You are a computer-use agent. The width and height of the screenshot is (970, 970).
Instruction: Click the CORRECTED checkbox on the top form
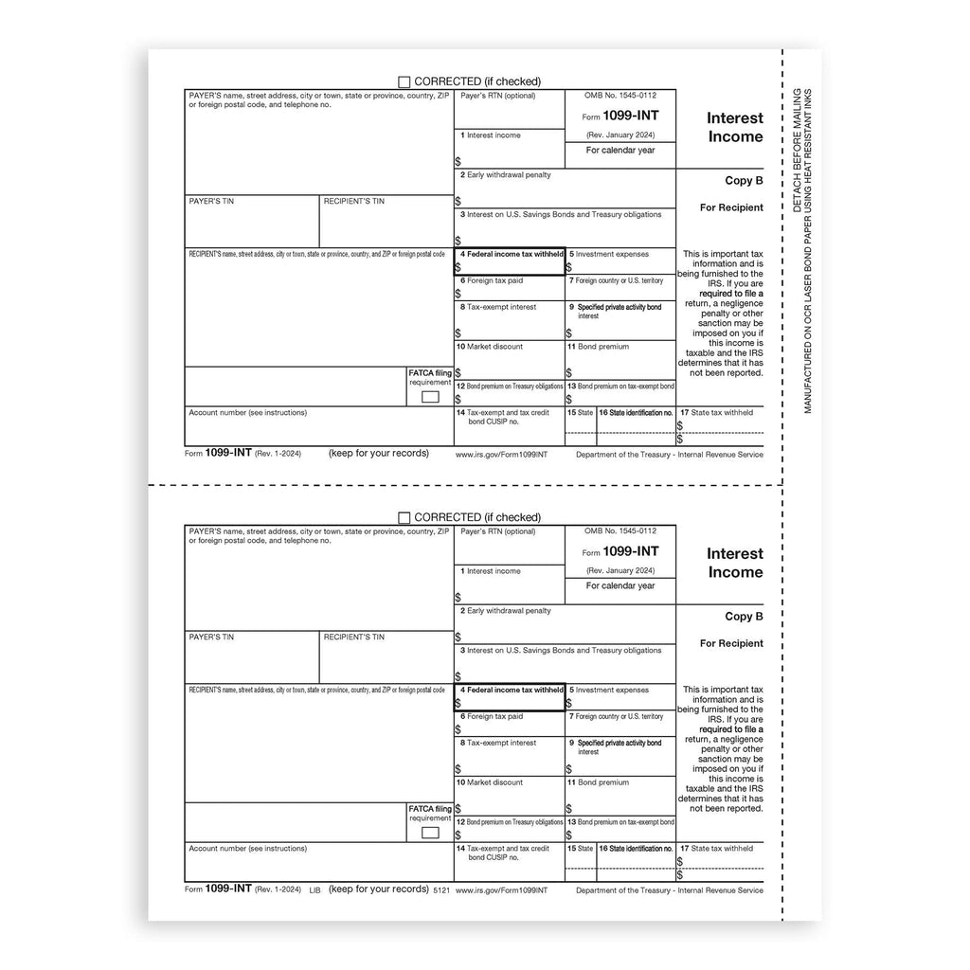[404, 82]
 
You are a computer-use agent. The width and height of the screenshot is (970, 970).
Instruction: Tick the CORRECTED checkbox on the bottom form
[404, 518]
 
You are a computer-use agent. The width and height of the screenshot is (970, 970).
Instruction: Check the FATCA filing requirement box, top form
[430, 397]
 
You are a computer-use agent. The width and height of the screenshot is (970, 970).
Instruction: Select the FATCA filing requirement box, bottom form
[430, 833]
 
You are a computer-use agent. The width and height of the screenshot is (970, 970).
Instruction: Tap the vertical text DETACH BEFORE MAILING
[797, 153]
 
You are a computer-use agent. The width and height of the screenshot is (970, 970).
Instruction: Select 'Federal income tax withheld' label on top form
[512, 255]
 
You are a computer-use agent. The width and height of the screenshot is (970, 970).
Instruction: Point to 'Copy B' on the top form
[744, 181]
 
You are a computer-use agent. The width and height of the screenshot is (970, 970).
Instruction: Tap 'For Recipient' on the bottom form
[731, 643]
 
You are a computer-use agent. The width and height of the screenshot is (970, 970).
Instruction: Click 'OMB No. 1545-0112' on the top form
[620, 96]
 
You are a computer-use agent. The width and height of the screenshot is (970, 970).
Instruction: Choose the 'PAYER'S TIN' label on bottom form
[211, 638]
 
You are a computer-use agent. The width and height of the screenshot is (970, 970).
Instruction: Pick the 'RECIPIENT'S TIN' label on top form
[353, 202]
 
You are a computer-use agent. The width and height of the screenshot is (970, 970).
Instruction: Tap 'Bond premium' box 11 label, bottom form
[602, 782]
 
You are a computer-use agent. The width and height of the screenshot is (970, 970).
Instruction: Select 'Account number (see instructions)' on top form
[247, 413]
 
